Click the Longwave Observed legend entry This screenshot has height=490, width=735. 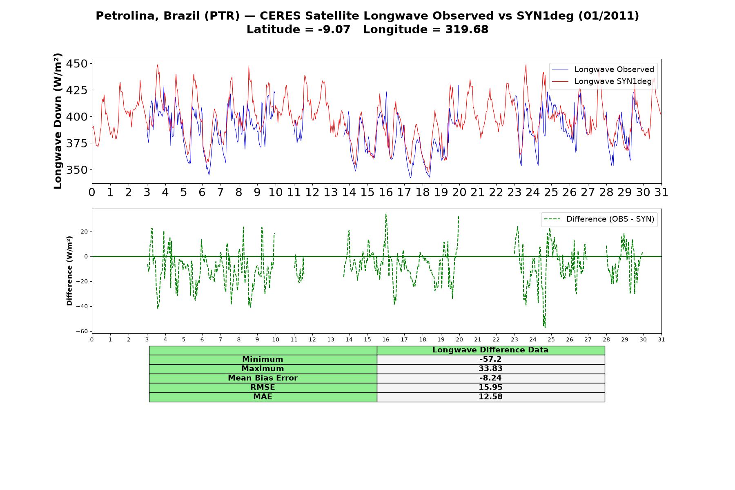(603, 69)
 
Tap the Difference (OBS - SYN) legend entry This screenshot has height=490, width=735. (599, 219)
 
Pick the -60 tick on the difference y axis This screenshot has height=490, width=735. (82, 331)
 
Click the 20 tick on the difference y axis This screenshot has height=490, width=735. (84, 232)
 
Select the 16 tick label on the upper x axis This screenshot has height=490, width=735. (386, 192)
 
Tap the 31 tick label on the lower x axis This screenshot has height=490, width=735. (661, 339)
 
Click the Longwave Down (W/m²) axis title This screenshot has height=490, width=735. (58, 121)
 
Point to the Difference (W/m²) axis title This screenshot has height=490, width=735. (69, 271)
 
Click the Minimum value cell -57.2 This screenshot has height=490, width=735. (490, 359)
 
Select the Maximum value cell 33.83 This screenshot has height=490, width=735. (490, 369)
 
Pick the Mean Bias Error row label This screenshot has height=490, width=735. (263, 378)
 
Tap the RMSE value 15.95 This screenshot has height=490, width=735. (490, 388)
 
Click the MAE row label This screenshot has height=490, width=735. (263, 397)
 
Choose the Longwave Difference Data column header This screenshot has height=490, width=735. (490, 350)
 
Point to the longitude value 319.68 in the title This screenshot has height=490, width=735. (467, 29)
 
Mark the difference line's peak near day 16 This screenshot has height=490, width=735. (385, 214)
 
